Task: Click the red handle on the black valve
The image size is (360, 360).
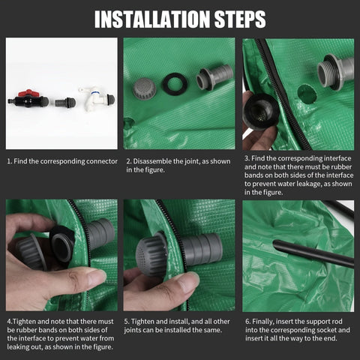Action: (28, 93)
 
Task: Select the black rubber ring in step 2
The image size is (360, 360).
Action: (175, 84)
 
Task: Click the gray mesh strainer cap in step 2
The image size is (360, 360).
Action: (144, 88)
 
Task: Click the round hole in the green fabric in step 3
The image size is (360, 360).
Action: (307, 94)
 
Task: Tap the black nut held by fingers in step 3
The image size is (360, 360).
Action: (261, 111)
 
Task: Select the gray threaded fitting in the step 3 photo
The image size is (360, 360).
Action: (335, 72)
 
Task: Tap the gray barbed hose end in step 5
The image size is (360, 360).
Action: (202, 249)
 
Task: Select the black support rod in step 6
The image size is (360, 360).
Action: (313, 253)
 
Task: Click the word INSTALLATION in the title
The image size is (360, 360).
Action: (152, 19)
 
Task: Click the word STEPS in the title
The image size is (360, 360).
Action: (240, 19)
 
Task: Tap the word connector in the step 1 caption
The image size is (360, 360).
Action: (102, 161)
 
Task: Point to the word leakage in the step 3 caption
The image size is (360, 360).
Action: (309, 184)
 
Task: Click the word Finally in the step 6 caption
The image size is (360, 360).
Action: (263, 322)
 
